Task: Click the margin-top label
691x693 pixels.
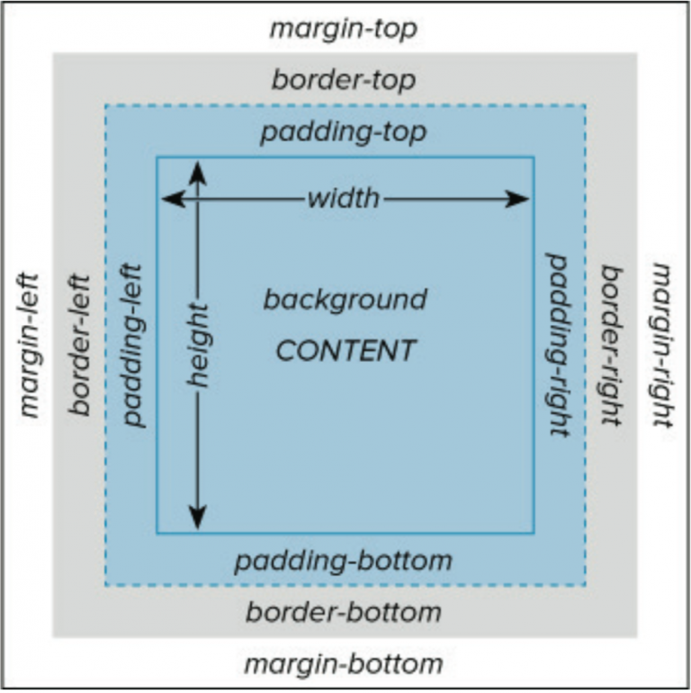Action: pos(344,29)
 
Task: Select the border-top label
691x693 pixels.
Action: pos(344,80)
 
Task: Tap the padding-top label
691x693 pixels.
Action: pos(343,132)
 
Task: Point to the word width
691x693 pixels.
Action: pos(344,198)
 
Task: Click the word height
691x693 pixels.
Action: pos(198,346)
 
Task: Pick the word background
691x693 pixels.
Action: pos(345,299)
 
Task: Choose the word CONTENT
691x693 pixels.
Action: pos(345,350)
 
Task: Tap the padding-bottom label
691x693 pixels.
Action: pos(343,562)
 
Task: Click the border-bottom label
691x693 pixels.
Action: pos(344,613)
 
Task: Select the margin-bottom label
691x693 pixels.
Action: pos(344,665)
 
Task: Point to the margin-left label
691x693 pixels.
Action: pos(31,346)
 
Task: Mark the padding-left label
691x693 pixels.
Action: pos(133,346)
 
